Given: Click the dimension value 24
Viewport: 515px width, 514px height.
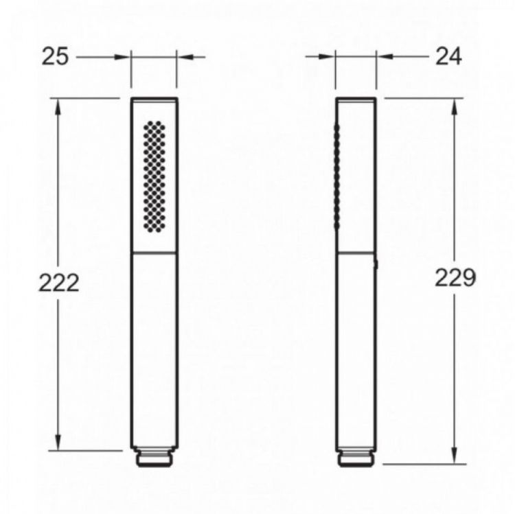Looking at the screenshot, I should tap(448, 56).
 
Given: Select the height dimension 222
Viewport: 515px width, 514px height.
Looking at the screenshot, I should tap(58, 281).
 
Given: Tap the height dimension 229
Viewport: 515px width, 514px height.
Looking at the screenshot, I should tap(455, 278).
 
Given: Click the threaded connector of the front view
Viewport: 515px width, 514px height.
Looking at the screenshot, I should tap(154, 458).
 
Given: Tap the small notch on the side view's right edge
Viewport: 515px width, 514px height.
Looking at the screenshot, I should tap(377, 262).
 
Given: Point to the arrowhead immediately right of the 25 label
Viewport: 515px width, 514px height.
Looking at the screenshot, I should tap(124, 56).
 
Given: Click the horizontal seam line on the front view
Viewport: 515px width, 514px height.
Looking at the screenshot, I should tap(154, 253).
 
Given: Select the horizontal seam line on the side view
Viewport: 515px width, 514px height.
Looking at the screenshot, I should tap(356, 253).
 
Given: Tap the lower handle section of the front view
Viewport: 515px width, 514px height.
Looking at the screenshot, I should tap(154, 350).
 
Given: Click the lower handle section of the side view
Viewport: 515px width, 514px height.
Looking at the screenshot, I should tap(356, 350).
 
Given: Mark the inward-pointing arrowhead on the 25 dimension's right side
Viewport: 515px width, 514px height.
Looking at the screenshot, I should tap(184, 56).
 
